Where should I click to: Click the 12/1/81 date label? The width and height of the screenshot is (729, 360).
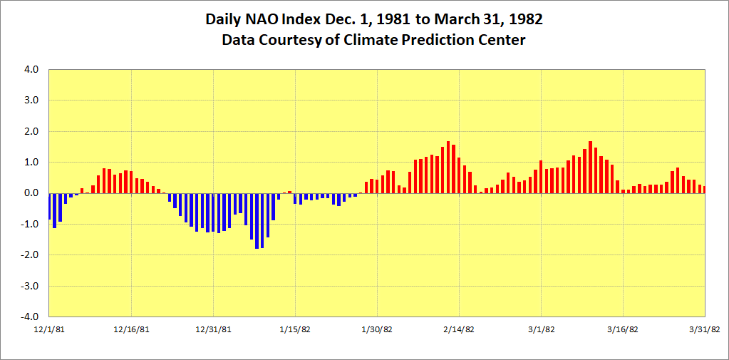(49, 329)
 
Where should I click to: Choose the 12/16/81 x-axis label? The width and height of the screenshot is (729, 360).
(131, 329)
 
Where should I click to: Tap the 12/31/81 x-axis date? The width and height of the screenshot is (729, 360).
(213, 329)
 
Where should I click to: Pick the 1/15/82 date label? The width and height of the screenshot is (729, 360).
(295, 329)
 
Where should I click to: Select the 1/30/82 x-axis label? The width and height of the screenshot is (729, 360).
(377, 329)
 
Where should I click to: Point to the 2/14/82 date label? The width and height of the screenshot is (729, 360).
(459, 329)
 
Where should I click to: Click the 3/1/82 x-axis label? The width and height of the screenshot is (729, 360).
(541, 329)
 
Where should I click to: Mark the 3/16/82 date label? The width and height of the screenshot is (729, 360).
(623, 329)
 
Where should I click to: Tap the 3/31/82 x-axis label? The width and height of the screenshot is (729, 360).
(705, 329)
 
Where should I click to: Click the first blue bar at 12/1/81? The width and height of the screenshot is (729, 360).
(49, 206)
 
